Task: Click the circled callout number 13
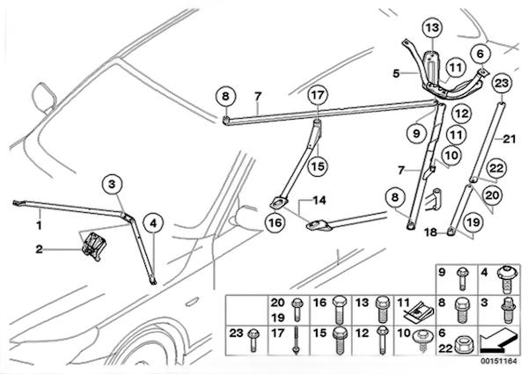(x=431, y=28)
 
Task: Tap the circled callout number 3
(x=112, y=184)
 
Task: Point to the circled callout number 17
(x=318, y=94)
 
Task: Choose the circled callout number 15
(x=317, y=164)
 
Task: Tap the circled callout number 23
(x=502, y=84)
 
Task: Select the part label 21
(x=509, y=138)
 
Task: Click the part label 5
(x=397, y=74)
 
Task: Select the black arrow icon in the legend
(x=500, y=336)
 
